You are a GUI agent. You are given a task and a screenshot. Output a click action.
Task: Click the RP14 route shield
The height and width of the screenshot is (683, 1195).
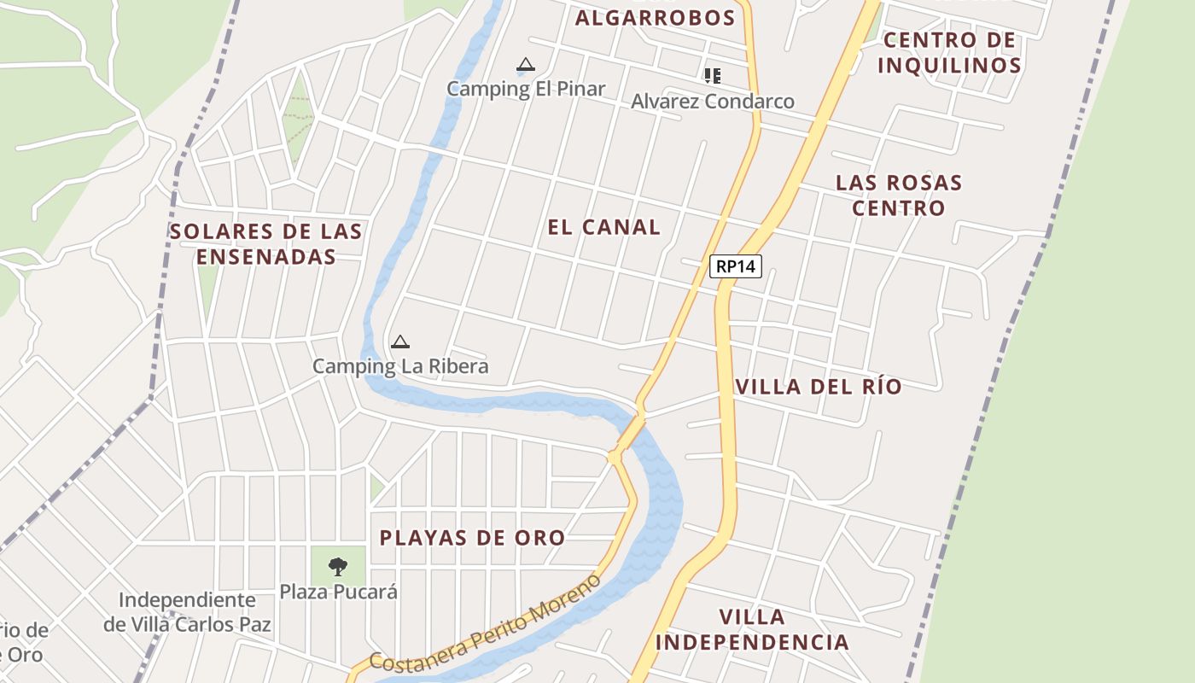coord(735,266)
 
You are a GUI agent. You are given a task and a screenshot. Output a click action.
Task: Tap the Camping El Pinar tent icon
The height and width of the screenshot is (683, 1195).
coord(526,65)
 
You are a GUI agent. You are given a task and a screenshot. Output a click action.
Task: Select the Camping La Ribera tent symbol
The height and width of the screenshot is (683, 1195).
coord(399,342)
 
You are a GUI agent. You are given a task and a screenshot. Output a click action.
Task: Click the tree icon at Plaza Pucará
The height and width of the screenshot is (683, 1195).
coord(338,565)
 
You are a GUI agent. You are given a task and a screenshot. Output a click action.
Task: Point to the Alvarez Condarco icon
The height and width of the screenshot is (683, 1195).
coord(713,76)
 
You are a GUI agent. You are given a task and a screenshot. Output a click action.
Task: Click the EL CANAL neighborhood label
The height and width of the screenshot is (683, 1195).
coord(603,227)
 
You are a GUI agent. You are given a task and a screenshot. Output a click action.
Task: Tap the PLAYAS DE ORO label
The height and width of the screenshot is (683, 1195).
coord(472,538)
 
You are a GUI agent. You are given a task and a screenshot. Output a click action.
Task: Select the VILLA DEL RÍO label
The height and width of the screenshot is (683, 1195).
coord(818,387)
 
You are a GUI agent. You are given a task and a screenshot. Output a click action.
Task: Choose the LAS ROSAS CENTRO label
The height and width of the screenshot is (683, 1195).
coord(899,196)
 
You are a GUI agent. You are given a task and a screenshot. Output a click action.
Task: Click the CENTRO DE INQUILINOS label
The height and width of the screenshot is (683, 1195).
coord(949,53)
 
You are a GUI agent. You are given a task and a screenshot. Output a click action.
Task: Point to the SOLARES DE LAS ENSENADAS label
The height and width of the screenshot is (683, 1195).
coord(265,244)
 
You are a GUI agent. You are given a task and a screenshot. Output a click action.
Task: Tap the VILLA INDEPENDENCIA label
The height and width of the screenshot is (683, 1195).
coord(755,629)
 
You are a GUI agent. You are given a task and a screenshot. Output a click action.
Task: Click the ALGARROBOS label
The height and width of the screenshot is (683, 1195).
coord(655,18)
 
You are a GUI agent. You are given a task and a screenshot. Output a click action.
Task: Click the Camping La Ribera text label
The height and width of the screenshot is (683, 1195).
coord(400,366)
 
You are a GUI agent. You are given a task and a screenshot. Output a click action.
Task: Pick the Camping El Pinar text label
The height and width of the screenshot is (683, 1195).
coord(526,89)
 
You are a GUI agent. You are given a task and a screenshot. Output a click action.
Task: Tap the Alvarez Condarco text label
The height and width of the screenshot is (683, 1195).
coord(713,102)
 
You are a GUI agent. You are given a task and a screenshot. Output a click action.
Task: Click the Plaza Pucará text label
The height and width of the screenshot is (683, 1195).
coord(338,592)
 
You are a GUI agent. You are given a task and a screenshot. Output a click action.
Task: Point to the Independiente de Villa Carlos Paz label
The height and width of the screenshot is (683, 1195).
coord(187,612)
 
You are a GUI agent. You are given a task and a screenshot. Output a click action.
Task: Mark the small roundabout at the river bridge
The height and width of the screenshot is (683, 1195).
coord(614,458)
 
